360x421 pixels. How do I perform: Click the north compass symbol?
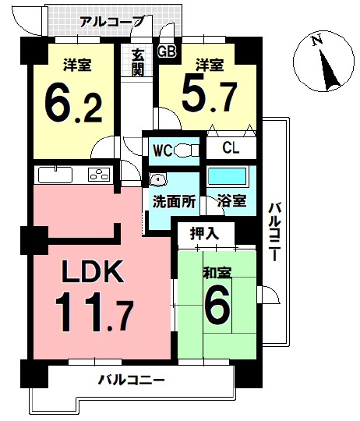pos(322,61)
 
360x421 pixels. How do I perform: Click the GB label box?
pos(166,51)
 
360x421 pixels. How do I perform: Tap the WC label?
pos(162,149)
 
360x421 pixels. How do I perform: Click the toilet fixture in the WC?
pos(185,149)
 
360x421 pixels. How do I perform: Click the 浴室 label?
pos(232,200)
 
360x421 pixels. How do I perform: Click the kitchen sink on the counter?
pos(54,174)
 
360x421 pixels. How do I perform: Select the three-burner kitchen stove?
pos(100,175)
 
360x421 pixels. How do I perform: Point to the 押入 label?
pos(205,232)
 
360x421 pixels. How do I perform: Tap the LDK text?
pos(92,273)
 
